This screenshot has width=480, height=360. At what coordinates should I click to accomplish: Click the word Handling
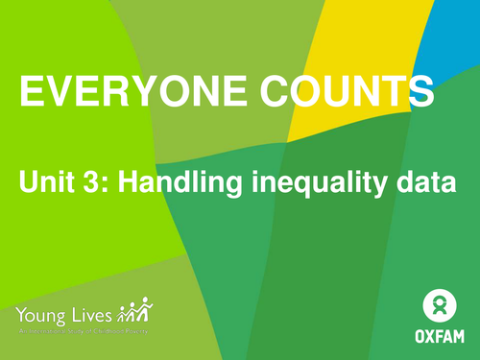tap(179, 182)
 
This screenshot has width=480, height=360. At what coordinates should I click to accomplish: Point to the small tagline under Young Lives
tap(82, 330)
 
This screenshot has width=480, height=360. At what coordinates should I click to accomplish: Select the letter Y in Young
tap(22, 313)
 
